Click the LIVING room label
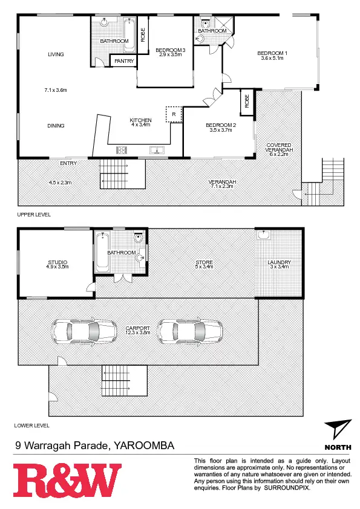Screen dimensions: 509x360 pyautogui.click(x=56, y=54)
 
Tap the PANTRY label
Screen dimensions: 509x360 pyautogui.click(x=123, y=60)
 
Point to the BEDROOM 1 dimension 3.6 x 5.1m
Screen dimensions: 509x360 pyautogui.click(x=273, y=59)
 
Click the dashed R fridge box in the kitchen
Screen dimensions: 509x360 pyautogui.click(x=174, y=114)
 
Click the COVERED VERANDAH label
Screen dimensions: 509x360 pyautogui.click(x=279, y=149)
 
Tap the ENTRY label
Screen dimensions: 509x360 pyautogui.click(x=68, y=163)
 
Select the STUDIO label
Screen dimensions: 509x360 pyautogui.click(x=57, y=262)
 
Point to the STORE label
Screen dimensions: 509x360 pyautogui.click(x=204, y=262)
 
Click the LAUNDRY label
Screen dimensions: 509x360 pyautogui.click(x=280, y=262)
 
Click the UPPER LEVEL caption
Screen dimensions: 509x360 pyautogui.click(x=34, y=214)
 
